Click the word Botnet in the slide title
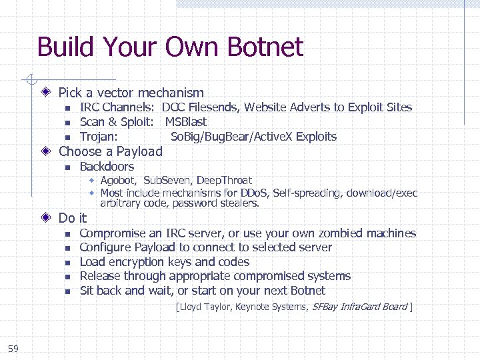pos(265,47)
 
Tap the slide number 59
pos(13,348)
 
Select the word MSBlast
pos(186,122)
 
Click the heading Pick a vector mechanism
pos(131,93)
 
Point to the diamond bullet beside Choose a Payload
pos(46,151)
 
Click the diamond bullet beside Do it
pos(46,218)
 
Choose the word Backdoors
pos(107,167)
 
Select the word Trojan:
pos(99,137)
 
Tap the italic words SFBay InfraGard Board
pos(359,307)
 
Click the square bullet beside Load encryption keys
pos(67,263)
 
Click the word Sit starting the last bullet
pos(87,291)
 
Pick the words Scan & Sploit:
pos(117,122)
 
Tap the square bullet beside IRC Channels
pos(67,108)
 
